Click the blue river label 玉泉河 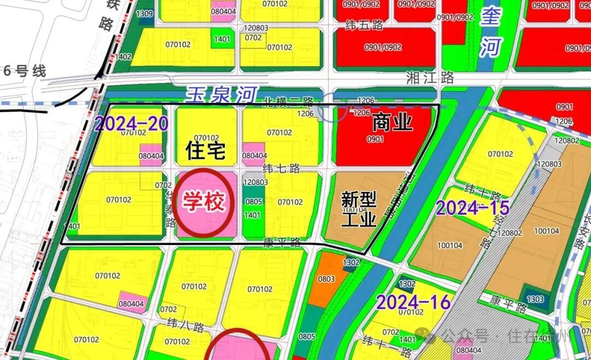221,95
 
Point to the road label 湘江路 430,78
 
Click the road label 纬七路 282,168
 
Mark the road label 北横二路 288,101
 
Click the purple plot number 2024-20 131,124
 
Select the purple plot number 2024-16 414,301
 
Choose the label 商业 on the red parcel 392,123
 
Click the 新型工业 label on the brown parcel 358,208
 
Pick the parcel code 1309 144,13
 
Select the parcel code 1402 124,56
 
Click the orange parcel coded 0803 326,279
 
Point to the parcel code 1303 536,299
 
